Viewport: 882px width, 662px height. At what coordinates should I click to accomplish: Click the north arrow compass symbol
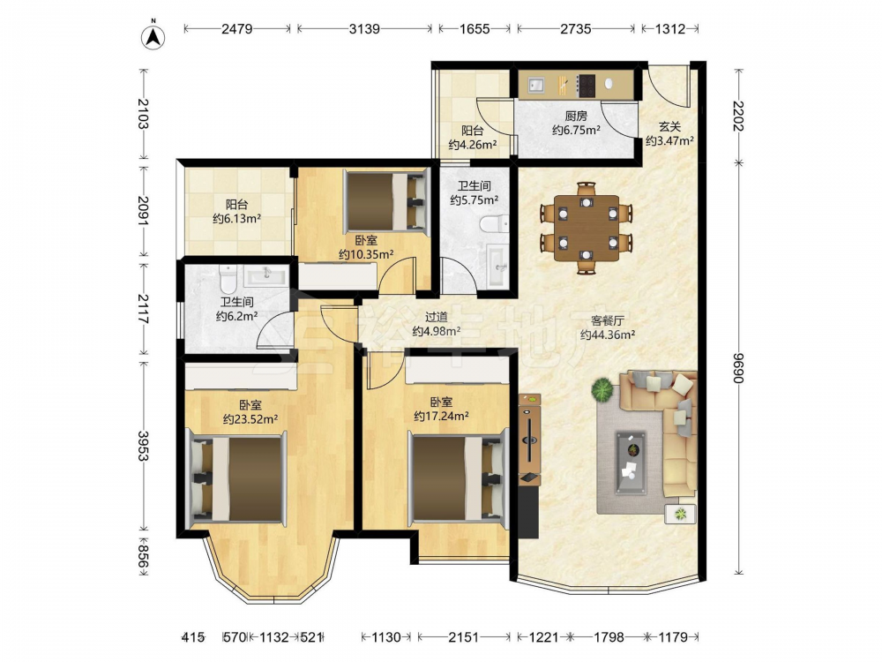click(153, 35)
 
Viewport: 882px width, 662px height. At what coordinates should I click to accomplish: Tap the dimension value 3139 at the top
click(364, 28)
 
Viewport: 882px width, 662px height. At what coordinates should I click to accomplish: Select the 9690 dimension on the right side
click(738, 368)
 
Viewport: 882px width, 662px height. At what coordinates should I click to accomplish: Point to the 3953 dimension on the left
click(144, 446)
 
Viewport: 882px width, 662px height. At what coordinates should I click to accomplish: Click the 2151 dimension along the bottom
click(464, 637)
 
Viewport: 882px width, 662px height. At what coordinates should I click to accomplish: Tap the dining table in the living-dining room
click(587, 228)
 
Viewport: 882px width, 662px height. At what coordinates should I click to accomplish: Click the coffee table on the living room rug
click(631, 463)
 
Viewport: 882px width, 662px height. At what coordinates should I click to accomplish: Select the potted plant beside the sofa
click(602, 389)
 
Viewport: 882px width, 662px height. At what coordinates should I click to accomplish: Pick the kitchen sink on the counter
click(536, 85)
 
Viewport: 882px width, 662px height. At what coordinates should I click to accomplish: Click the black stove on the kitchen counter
click(587, 85)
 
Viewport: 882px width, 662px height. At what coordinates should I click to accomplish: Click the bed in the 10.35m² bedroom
click(386, 201)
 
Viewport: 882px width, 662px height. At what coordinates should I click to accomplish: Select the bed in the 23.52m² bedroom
click(236, 478)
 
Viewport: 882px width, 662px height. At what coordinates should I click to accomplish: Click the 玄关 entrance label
click(669, 126)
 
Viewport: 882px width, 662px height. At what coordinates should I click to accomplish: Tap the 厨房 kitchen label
click(576, 116)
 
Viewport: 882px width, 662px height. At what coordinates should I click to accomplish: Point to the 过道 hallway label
click(436, 317)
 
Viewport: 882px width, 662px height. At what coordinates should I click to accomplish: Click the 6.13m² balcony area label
click(236, 218)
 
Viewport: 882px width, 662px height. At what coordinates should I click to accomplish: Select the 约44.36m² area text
click(608, 335)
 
